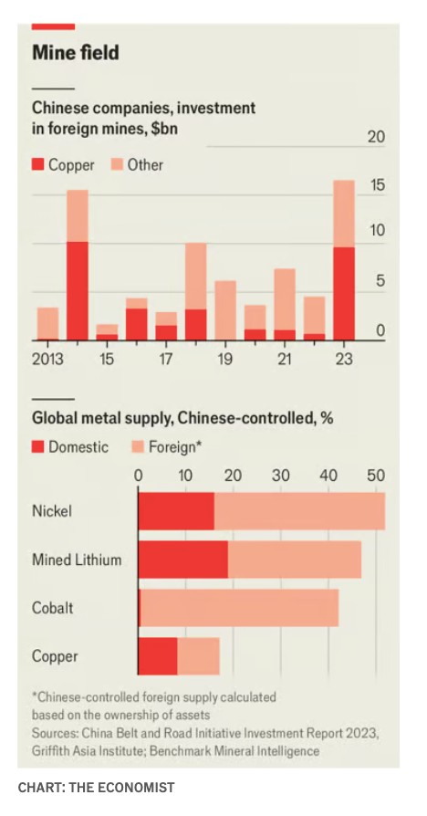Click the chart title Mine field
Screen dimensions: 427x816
76,53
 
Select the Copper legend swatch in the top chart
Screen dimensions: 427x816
38,165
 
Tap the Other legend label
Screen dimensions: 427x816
146,165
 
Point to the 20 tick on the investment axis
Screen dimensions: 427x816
376,137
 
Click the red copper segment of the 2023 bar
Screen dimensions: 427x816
344,294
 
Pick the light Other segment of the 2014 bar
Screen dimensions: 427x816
78,216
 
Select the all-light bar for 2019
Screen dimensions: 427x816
225,310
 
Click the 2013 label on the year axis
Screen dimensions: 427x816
47,359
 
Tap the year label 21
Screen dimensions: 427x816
285,359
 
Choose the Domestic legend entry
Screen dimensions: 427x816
70,447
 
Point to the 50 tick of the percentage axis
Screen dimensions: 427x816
376,476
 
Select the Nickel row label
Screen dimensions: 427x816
51,511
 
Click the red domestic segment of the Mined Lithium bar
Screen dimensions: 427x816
183,560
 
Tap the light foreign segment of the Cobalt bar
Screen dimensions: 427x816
239,608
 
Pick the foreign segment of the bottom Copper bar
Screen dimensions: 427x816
198,656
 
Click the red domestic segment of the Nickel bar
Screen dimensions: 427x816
176,511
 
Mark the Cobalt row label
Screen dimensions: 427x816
53,608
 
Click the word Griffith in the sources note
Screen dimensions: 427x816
48,751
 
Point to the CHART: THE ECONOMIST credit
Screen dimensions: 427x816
96,788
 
